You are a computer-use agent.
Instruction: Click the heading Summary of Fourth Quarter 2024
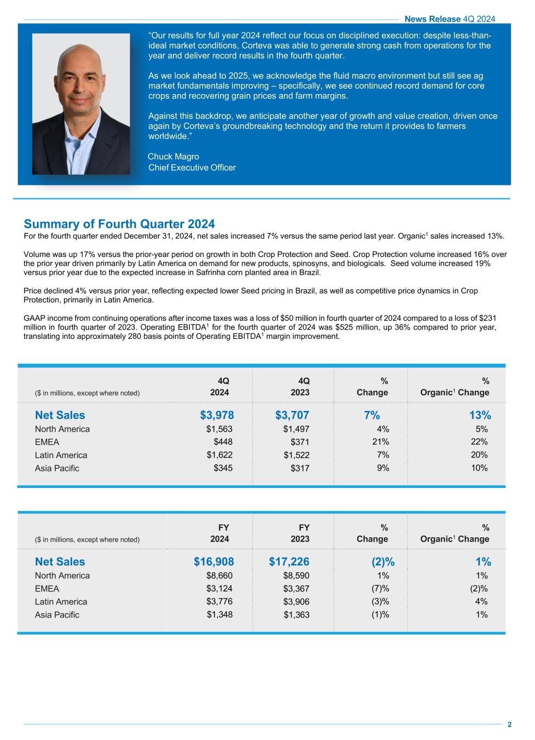(x=119, y=224)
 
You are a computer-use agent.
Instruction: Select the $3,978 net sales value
(x=217, y=415)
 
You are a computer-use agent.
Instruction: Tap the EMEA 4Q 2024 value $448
(x=223, y=442)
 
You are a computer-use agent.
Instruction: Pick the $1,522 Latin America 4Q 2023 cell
(x=296, y=455)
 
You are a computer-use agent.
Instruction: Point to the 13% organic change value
(x=480, y=415)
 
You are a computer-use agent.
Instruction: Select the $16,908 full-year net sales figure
(x=214, y=562)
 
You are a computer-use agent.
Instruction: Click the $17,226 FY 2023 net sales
(x=289, y=562)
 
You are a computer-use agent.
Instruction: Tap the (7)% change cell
(x=380, y=589)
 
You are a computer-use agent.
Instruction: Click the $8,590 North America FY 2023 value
(x=296, y=576)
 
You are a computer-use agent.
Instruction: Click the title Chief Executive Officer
(x=192, y=168)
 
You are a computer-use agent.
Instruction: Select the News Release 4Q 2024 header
(x=450, y=19)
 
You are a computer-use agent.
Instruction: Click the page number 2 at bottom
(x=510, y=725)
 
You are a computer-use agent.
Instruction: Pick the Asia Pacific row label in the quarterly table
(x=57, y=468)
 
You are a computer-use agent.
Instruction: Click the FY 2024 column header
(x=220, y=533)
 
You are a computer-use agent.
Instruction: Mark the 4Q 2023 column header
(x=300, y=387)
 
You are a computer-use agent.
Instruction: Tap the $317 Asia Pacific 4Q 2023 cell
(x=300, y=468)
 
